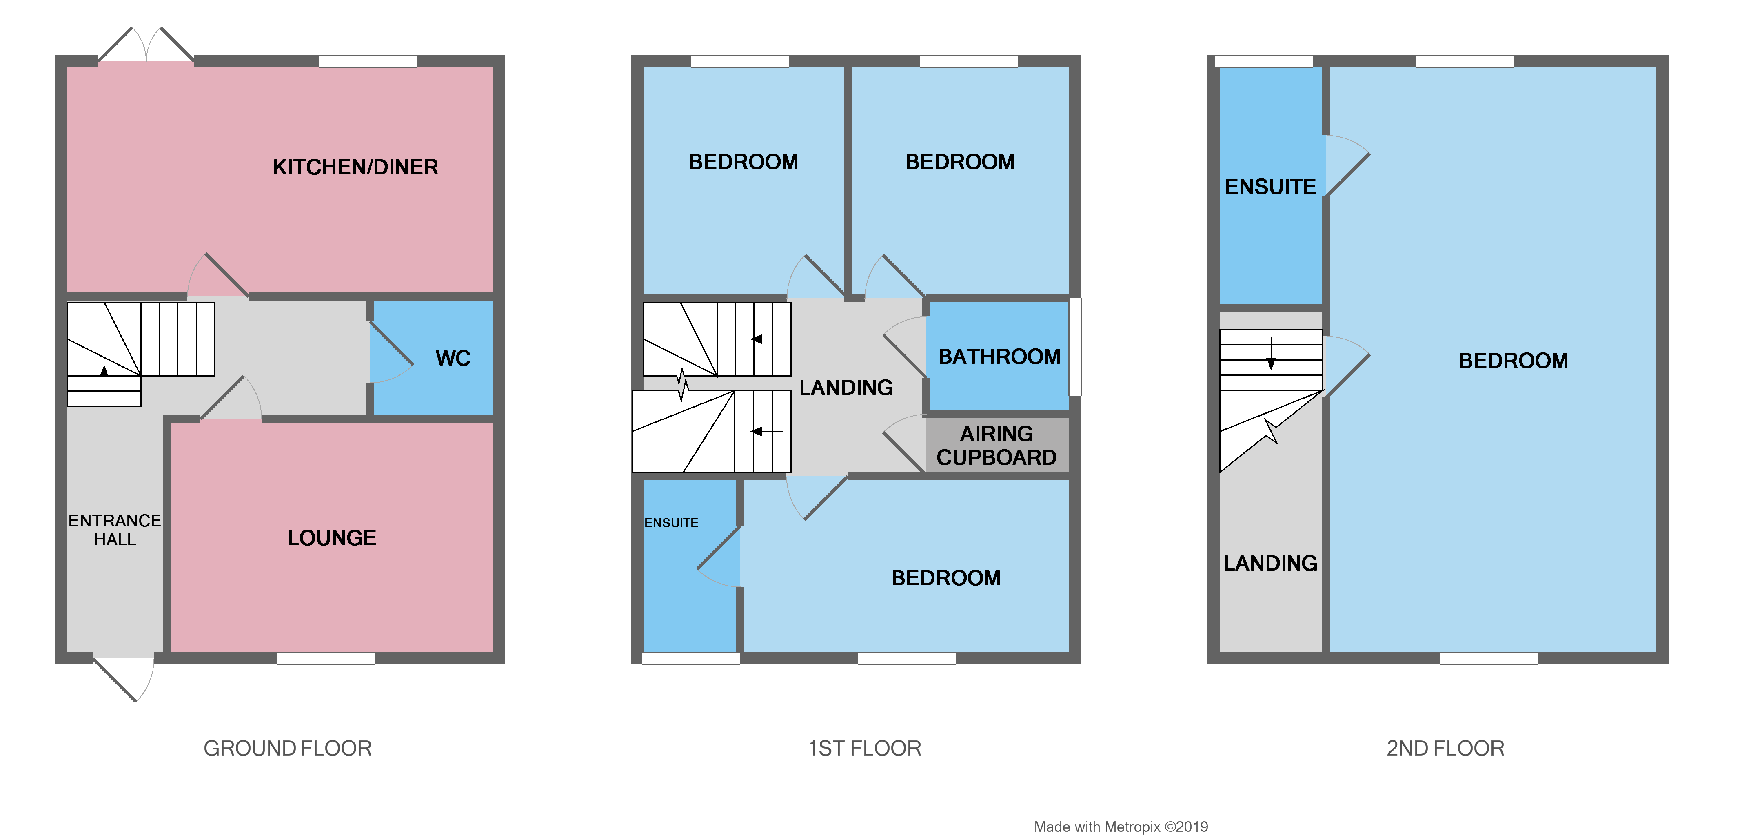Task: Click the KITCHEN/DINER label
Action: pos(355,167)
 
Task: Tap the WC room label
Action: pos(453,358)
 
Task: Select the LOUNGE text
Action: pos(332,538)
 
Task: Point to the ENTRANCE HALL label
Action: pos(115,530)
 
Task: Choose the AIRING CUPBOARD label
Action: pos(997,446)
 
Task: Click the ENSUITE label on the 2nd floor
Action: pos(1270,187)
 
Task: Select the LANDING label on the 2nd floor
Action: pos(1270,563)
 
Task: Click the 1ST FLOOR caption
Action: pos(865,748)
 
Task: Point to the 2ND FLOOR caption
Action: pos(1445,748)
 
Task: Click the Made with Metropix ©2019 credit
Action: pos(1121,827)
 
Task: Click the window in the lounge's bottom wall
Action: pos(326,658)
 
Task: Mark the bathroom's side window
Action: pos(1075,347)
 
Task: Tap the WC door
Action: pos(391,353)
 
